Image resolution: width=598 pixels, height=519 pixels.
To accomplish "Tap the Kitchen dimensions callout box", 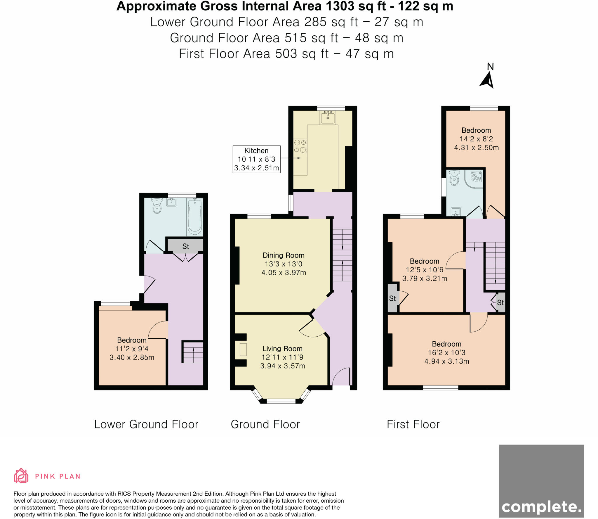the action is [x=256, y=159].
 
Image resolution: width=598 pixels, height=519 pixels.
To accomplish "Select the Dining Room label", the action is [x=284, y=255].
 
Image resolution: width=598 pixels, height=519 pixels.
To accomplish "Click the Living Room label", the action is [x=282, y=349].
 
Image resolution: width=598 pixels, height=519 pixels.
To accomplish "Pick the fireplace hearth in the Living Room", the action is [x=243, y=350].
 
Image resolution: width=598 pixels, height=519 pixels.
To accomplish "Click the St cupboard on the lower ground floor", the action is [x=185, y=246].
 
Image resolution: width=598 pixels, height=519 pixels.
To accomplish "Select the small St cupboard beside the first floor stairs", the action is [x=500, y=302].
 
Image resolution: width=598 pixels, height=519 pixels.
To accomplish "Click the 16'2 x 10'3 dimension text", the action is [x=447, y=353].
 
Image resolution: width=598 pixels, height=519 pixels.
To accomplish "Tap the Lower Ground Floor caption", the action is [x=146, y=424].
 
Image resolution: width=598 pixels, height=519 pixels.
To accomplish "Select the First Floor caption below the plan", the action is [x=413, y=424].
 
